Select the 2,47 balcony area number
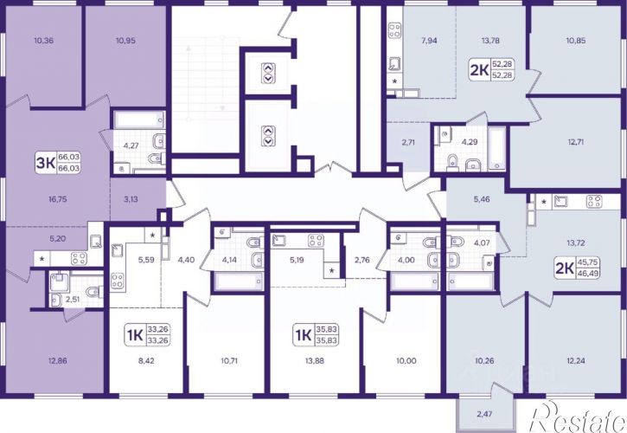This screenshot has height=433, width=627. pyautogui.click(x=484, y=414)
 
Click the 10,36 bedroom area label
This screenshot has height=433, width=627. pyautogui.click(x=44, y=41)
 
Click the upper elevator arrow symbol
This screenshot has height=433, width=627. pyautogui.click(x=268, y=73)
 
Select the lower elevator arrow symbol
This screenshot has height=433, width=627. pyautogui.click(x=268, y=136)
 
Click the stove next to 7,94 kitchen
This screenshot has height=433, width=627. pyautogui.click(x=395, y=31)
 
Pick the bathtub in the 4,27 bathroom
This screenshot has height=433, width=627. pyautogui.click(x=139, y=120)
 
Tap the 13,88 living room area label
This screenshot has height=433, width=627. pyautogui.click(x=315, y=361)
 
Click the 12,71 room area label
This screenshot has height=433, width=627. pyautogui.click(x=575, y=142)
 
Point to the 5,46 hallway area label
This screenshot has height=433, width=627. pyautogui.click(x=482, y=199)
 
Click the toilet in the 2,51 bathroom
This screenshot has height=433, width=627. pyautogui.click(x=95, y=291)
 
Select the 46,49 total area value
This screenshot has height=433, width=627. pyautogui.click(x=588, y=273)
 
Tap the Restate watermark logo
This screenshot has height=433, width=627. pyautogui.click(x=579, y=417)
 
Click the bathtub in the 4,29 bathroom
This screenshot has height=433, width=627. pyautogui.click(x=496, y=149)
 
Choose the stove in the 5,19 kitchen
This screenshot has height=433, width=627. pyautogui.click(x=316, y=241)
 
